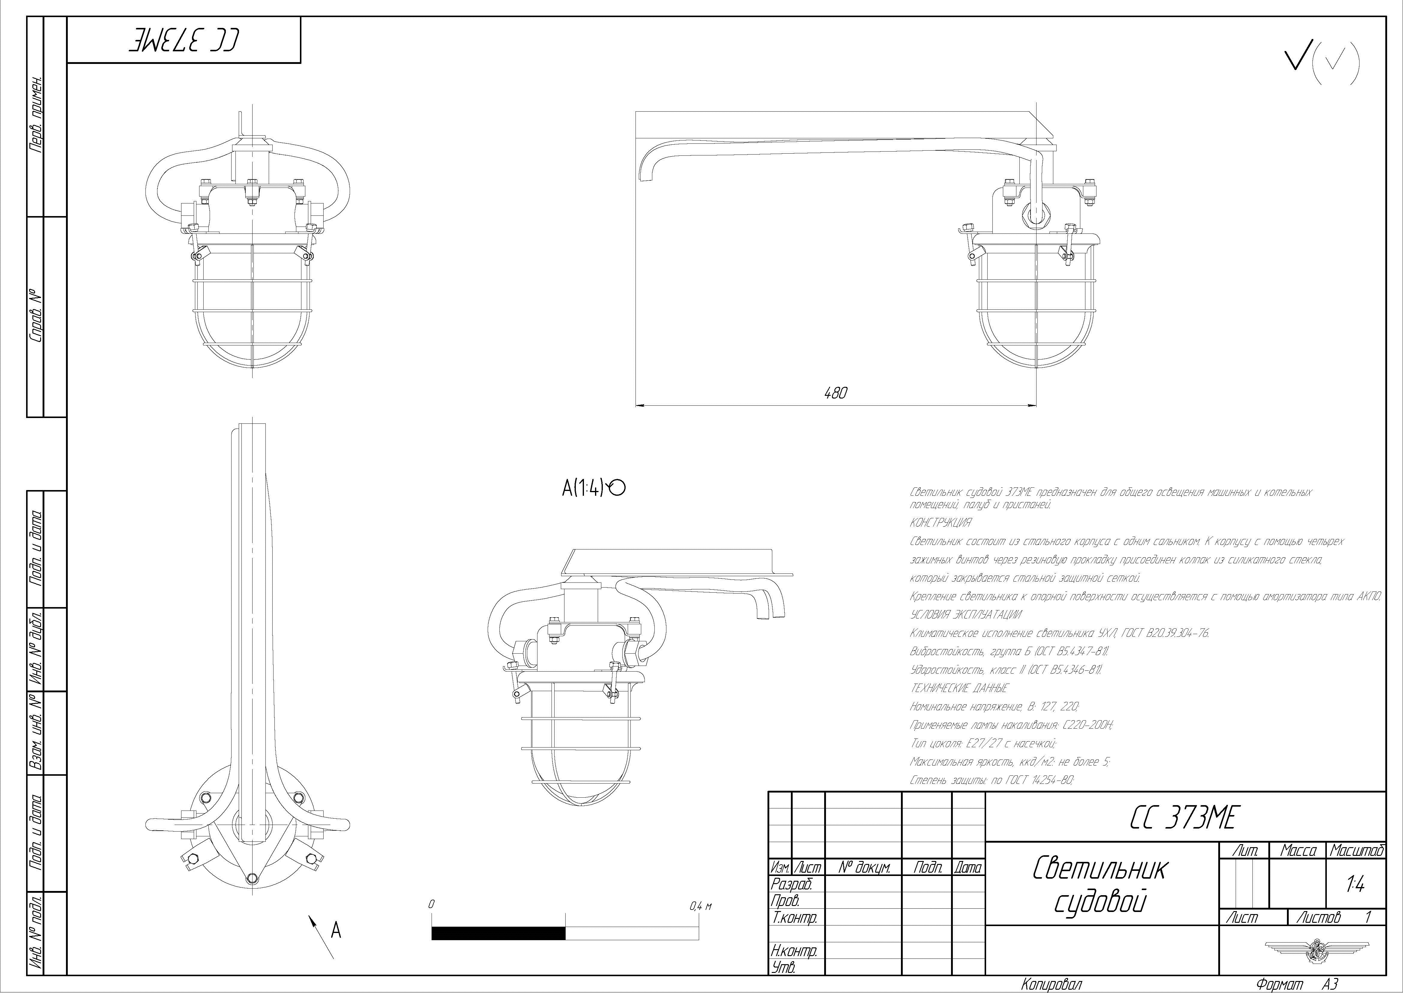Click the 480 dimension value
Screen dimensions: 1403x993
[835, 393]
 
